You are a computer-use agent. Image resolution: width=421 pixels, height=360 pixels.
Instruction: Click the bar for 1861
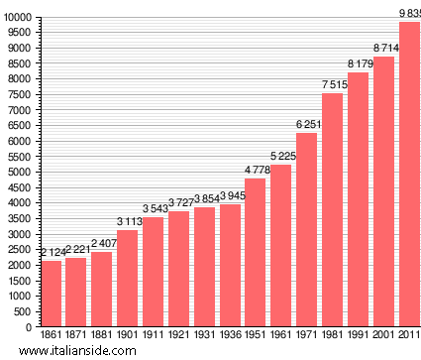pyautogui.click(x=51, y=294)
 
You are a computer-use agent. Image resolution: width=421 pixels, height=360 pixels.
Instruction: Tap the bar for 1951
pyautogui.click(x=256, y=252)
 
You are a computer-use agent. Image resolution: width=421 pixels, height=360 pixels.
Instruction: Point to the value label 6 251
pyautogui.click(x=307, y=124)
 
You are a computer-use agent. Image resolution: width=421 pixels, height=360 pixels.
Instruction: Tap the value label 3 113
pyautogui.click(x=128, y=221)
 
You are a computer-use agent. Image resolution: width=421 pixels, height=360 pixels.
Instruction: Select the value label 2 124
pyautogui.click(x=51, y=252)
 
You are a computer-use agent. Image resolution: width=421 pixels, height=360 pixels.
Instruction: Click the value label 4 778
pyautogui.click(x=256, y=170)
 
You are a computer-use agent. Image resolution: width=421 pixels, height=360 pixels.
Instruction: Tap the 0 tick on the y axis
pyautogui.click(x=29, y=326)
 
